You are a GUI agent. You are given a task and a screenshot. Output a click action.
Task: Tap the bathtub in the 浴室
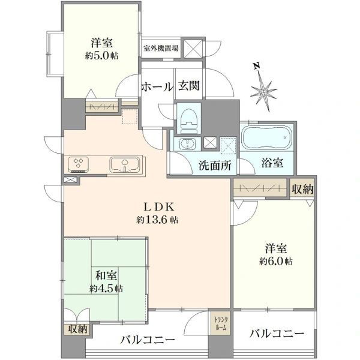pyautogui.click(x=267, y=137)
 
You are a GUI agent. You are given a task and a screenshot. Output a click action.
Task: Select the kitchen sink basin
pyautogui.click(x=124, y=164)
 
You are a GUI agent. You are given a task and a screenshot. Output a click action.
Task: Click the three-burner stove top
pyautogui.click(x=79, y=164)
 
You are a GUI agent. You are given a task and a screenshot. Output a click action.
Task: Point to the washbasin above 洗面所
pyautogui.click(x=188, y=144)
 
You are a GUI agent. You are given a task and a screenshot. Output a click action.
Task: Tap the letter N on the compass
pyautogui.click(x=257, y=66)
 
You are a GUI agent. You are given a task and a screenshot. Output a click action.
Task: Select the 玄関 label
pyautogui.click(x=189, y=86)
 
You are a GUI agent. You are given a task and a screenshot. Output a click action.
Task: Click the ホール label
pyautogui.click(x=157, y=86)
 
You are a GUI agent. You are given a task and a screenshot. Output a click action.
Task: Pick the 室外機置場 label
pyautogui.click(x=161, y=48)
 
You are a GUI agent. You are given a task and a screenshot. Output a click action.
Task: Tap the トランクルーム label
pyautogui.click(x=221, y=323)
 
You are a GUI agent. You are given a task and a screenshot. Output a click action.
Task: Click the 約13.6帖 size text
pyautogui.click(x=157, y=220)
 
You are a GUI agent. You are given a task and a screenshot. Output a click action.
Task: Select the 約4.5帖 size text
pyautogui.click(x=106, y=289)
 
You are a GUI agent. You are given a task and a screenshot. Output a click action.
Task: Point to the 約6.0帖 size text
pyautogui.click(x=276, y=261)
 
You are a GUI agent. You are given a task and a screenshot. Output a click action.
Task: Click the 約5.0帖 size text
pyautogui.click(x=102, y=55)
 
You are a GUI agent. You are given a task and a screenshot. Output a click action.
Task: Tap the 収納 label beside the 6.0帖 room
pyautogui.click(x=302, y=189)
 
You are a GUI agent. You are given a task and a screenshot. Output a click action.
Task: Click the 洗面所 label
pyautogui.click(x=215, y=165)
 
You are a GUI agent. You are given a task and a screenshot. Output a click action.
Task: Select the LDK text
pyautogui.click(x=159, y=207)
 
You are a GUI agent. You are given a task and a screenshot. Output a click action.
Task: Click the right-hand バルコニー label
pyautogui.click(x=277, y=334)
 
